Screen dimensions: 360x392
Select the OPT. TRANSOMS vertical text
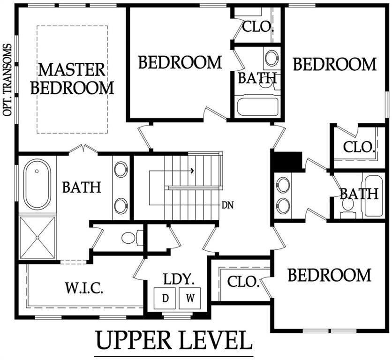(x=7, y=80)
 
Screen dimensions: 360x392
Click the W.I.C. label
(x=85, y=287)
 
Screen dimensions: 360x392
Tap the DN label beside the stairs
(x=228, y=205)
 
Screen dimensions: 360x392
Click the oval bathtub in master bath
(x=38, y=184)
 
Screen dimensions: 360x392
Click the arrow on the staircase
(x=192, y=171)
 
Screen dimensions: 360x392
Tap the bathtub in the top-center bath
(x=257, y=105)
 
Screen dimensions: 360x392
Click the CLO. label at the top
(x=257, y=26)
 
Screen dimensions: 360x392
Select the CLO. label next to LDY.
(x=243, y=282)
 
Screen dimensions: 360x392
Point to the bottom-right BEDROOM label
(x=329, y=275)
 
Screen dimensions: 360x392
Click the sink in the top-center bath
(x=271, y=59)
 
